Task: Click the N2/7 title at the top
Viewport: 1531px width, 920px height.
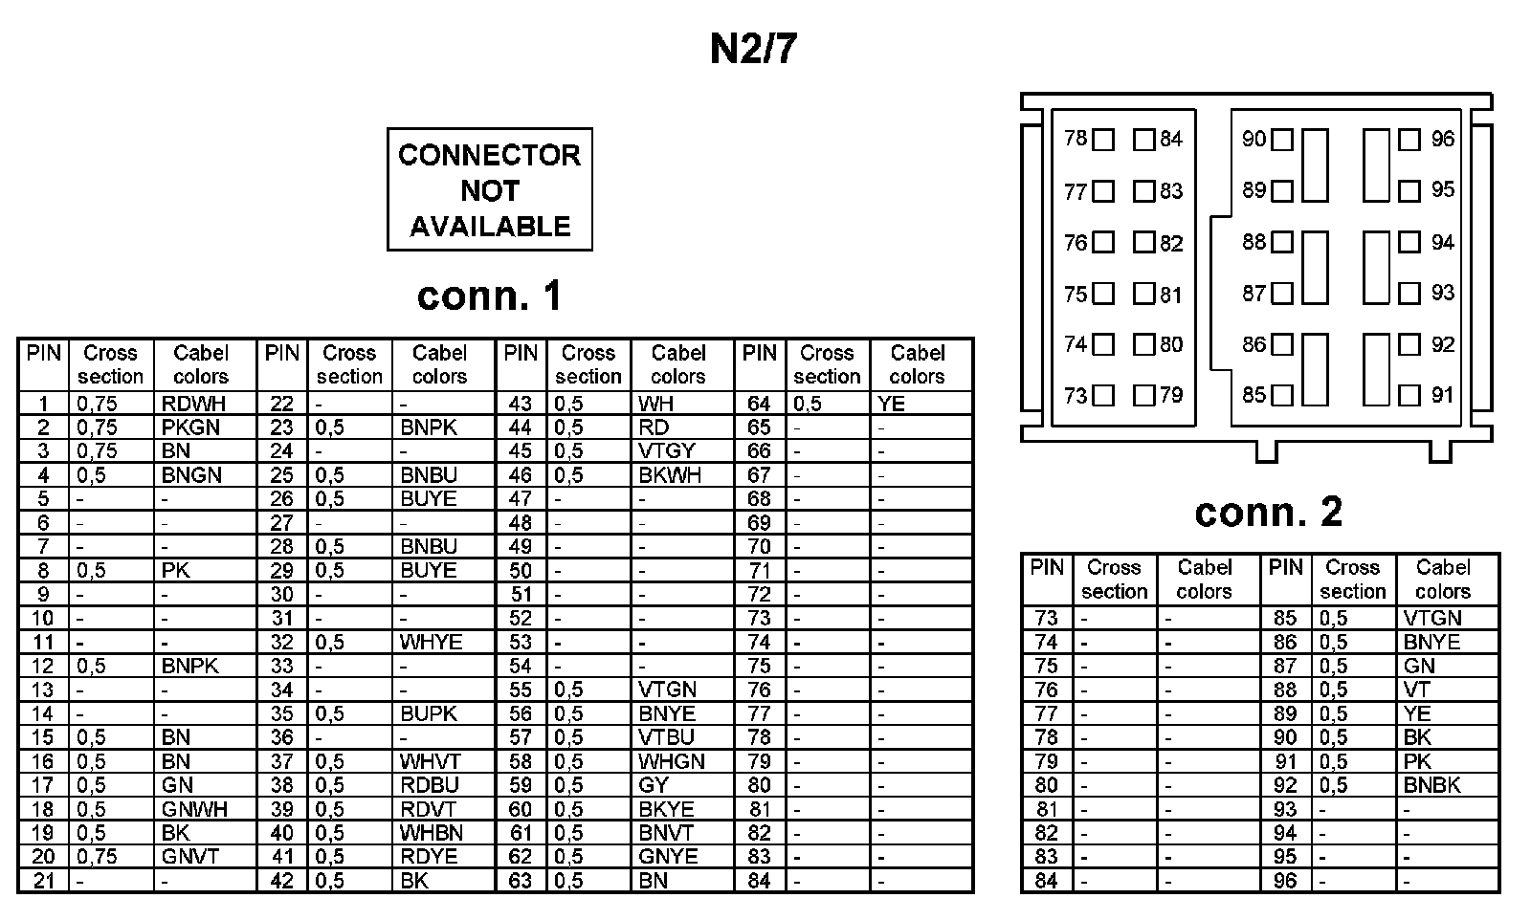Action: (753, 49)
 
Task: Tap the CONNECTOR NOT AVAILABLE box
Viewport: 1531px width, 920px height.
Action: (489, 190)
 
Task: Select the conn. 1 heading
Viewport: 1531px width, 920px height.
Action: (489, 296)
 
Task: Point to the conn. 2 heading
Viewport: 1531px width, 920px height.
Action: (1268, 513)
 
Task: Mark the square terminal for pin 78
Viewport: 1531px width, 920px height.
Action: (1103, 141)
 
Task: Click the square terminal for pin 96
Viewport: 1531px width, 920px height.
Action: (1409, 141)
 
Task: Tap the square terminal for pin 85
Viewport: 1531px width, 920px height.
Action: (1282, 395)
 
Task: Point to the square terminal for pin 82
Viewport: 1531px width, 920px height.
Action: (1143, 243)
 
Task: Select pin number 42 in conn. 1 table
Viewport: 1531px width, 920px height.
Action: (281, 881)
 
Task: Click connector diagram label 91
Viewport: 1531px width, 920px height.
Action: (1442, 395)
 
